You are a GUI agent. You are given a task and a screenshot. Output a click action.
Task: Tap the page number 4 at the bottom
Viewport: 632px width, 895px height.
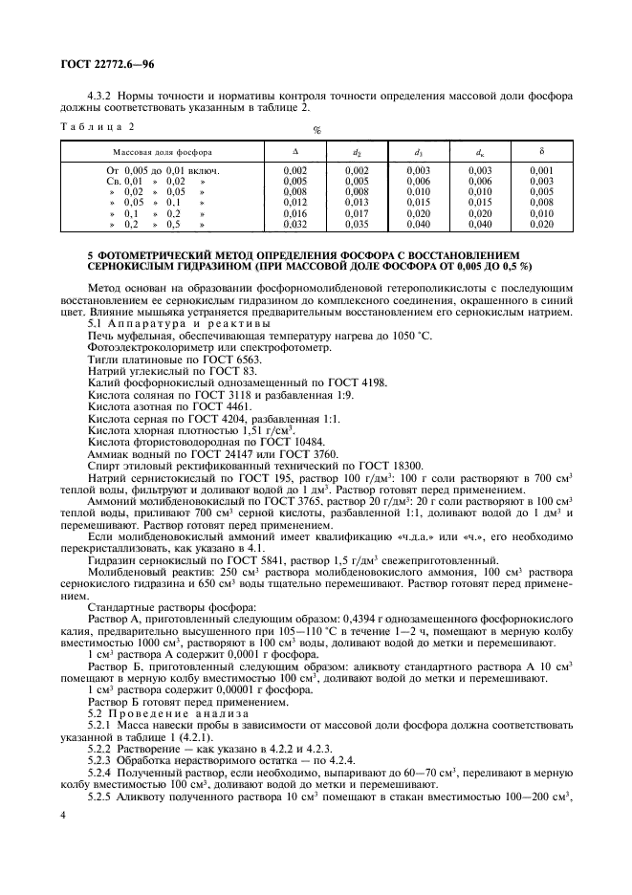(64, 815)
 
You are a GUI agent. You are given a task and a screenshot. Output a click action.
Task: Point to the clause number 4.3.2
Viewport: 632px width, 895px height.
(102, 96)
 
